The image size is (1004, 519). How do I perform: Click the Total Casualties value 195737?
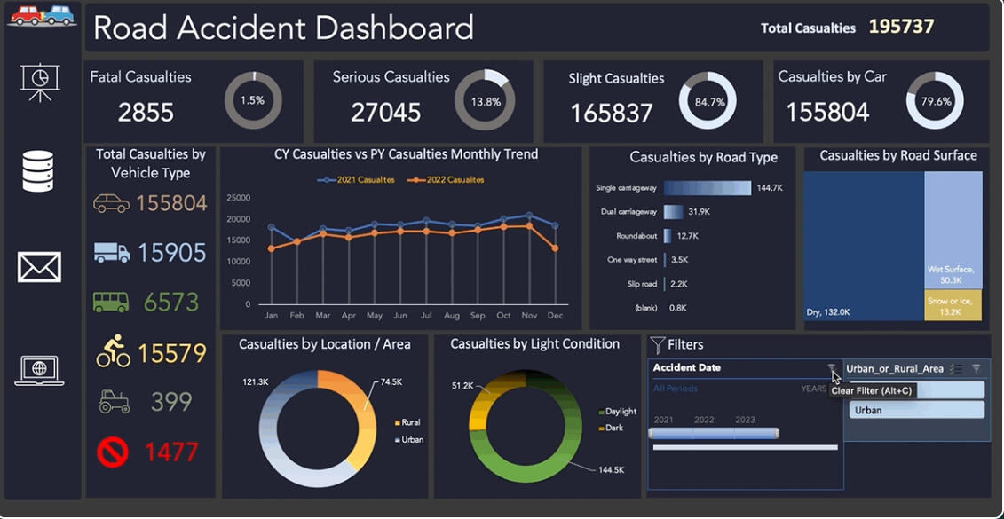(901, 27)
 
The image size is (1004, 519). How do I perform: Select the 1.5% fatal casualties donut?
(253, 101)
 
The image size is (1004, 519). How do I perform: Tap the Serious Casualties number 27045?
(385, 112)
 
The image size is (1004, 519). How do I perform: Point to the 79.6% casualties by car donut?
(935, 101)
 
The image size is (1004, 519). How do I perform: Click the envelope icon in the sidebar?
(39, 267)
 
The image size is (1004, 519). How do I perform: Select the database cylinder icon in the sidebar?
(38, 172)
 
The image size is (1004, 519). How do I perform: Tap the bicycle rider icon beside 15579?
(113, 351)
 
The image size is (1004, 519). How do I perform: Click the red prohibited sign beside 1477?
(113, 452)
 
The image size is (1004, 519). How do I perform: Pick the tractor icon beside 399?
(114, 403)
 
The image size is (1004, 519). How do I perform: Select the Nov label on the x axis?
(529, 316)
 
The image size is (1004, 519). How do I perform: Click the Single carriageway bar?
(707, 188)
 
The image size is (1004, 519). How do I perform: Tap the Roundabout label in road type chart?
(636, 236)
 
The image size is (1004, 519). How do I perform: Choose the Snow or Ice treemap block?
(952, 304)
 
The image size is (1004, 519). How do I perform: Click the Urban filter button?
(916, 410)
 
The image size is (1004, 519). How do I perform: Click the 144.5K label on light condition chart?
(611, 469)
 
